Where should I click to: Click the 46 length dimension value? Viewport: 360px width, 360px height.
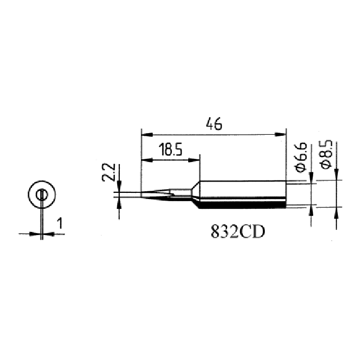point(214,124)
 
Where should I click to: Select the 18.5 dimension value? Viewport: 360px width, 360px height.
point(170,150)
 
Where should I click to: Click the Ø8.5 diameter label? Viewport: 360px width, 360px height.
point(327,154)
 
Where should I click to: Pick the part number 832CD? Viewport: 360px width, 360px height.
point(238,231)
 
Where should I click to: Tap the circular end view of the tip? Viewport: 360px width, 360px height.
point(42,194)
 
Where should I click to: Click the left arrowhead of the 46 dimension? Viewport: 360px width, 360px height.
point(147,135)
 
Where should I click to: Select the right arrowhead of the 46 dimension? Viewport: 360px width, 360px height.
point(281,135)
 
